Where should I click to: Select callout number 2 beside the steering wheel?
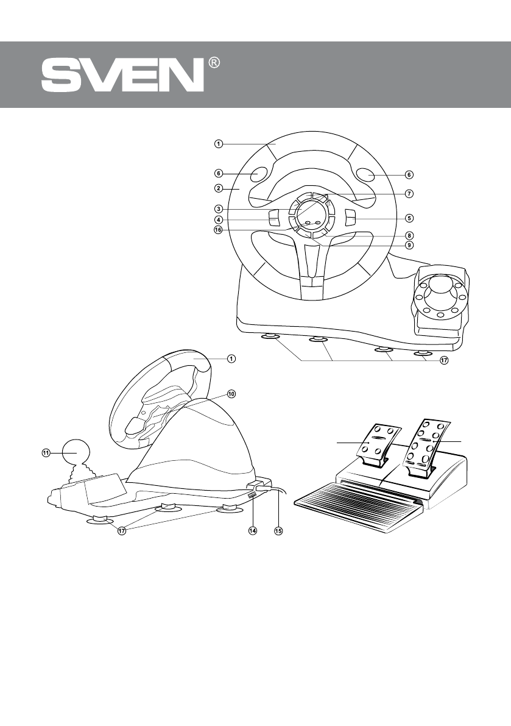(x=218, y=189)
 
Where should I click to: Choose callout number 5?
(x=409, y=218)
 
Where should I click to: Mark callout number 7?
(x=409, y=194)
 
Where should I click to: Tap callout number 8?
(x=409, y=235)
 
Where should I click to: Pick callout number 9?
(x=409, y=245)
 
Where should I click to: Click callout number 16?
(x=218, y=230)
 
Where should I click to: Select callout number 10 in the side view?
(x=231, y=394)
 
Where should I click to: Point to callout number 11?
(x=46, y=452)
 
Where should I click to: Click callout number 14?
(x=252, y=531)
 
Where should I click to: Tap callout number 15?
(x=278, y=531)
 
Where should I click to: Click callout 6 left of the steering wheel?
(x=218, y=173)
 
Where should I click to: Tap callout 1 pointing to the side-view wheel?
(x=231, y=358)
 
